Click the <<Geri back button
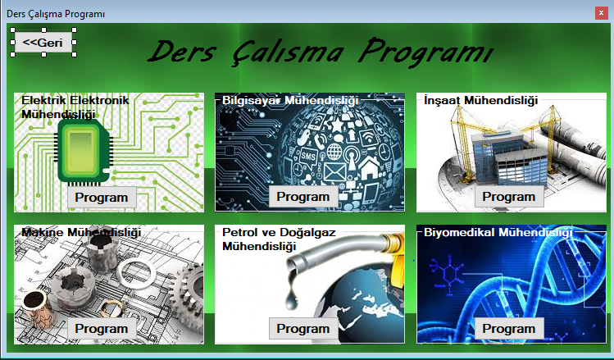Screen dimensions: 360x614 pyautogui.click(x=43, y=42)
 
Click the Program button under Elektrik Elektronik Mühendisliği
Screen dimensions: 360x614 pyautogui.click(x=102, y=197)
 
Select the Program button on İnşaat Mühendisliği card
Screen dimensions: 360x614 pyautogui.click(x=508, y=197)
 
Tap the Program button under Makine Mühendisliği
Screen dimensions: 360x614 pyautogui.click(x=102, y=329)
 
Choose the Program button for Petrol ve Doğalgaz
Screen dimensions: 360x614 pyautogui.click(x=302, y=329)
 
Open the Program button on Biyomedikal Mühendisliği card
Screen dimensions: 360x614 pyautogui.click(x=508, y=329)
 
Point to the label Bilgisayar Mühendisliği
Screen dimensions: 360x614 pyautogui.click(x=290, y=100)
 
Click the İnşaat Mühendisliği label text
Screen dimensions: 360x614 pyautogui.click(x=480, y=100)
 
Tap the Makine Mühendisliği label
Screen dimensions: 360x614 pyautogui.click(x=81, y=233)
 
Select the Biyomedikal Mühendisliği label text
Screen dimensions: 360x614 pyautogui.click(x=497, y=233)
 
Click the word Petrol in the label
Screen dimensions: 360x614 pyautogui.click(x=239, y=233)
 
